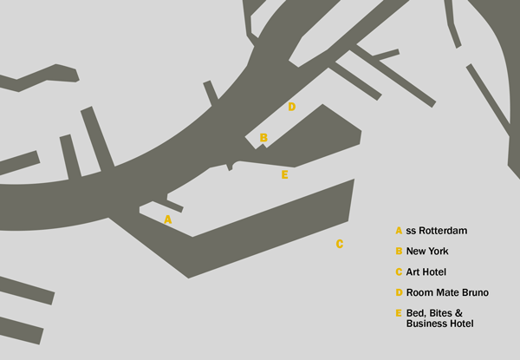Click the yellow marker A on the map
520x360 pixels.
[168, 219]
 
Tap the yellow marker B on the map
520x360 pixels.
[263, 137]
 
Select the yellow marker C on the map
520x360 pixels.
[340, 244]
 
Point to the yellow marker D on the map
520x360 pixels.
[292, 107]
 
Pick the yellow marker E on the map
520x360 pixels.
[284, 174]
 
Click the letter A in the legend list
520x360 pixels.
[399, 231]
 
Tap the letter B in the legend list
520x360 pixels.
[399, 252]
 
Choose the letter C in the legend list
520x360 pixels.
[399, 272]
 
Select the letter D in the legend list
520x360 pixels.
[399, 293]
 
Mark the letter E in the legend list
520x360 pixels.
[399, 313]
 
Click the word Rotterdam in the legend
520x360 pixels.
[443, 231]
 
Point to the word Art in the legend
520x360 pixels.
[414, 272]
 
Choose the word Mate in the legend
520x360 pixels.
[445, 293]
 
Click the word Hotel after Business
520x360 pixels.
[461, 324]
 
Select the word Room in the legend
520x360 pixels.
[419, 293]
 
